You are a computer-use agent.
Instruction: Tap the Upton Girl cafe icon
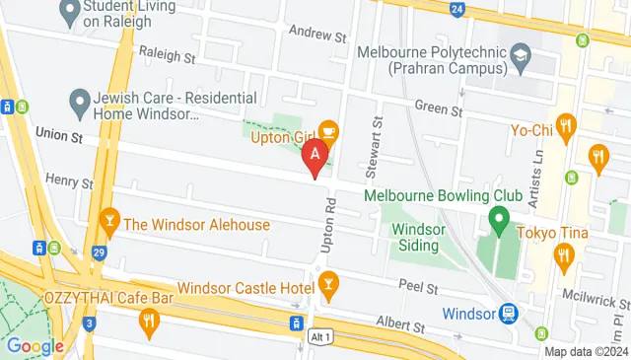point(328,129)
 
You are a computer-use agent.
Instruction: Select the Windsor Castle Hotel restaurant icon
point(328,286)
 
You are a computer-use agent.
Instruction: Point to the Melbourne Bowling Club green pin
point(499,217)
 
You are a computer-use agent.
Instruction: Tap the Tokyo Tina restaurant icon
point(563,257)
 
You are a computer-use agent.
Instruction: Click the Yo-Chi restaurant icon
point(565,126)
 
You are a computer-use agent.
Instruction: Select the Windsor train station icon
point(509,313)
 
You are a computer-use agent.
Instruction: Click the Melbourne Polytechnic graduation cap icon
point(519,60)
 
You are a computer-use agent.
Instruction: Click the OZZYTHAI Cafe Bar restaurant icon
point(149,319)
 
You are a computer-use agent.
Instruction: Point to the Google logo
point(35,346)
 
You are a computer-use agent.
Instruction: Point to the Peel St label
point(419,287)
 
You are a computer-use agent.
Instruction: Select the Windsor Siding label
point(424,237)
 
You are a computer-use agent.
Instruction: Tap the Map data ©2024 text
point(586,351)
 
